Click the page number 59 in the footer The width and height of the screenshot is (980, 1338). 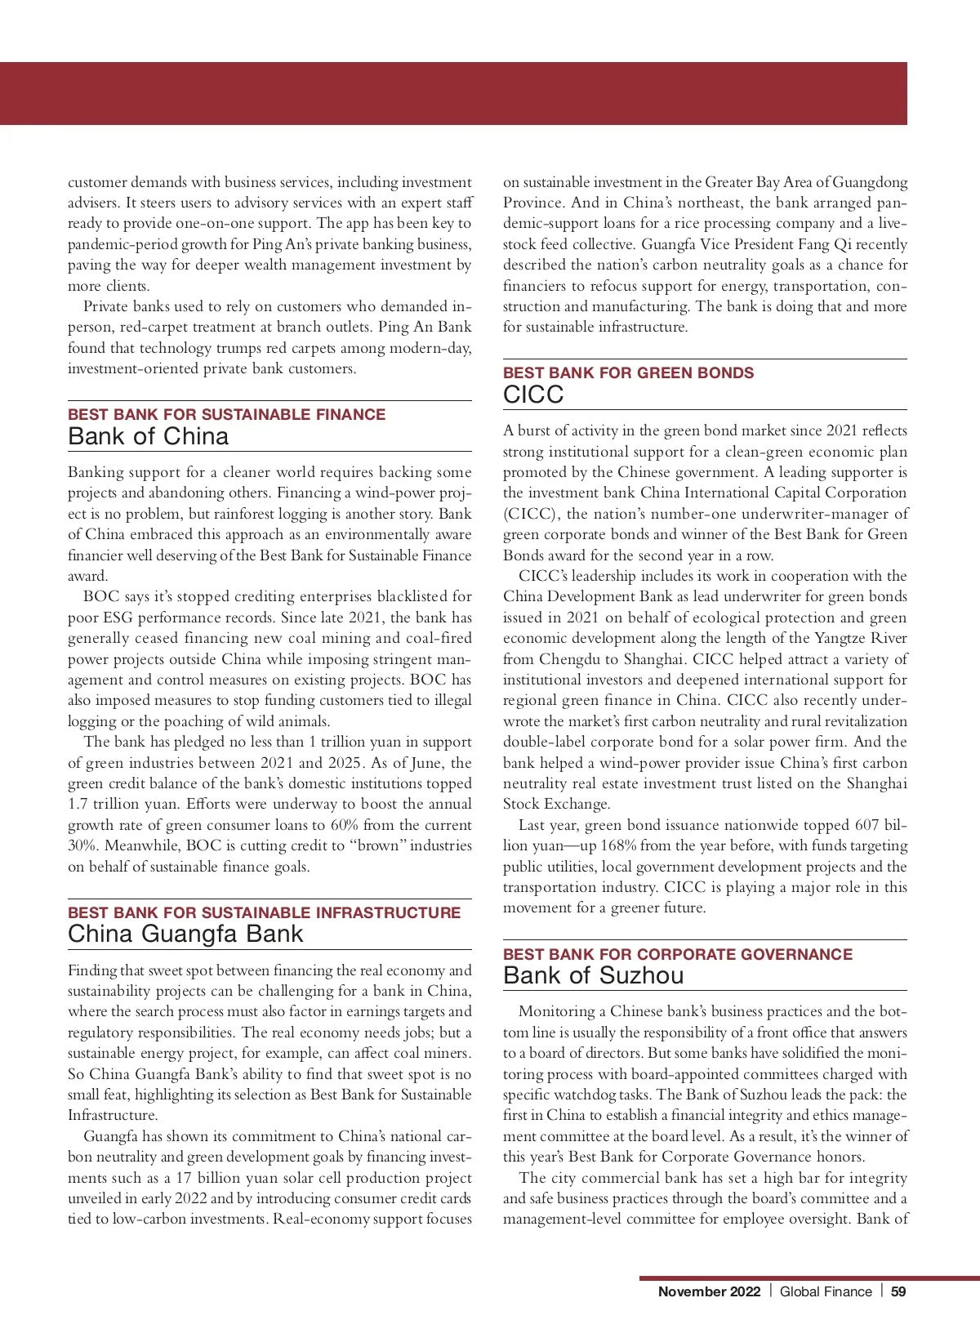coord(898,1291)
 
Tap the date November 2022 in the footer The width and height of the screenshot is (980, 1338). coord(709,1291)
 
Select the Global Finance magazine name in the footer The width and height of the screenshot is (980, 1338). coord(826,1291)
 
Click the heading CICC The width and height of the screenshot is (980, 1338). coord(533,395)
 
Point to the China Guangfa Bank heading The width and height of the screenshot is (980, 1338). coord(185,934)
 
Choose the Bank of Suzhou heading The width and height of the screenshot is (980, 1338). coord(594,975)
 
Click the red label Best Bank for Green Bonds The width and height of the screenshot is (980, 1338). coord(628,372)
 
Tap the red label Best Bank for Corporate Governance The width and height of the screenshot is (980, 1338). coord(677,954)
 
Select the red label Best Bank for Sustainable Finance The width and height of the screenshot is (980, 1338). coord(226,414)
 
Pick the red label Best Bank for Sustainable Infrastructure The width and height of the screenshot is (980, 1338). coord(264,912)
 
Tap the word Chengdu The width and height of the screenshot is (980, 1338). coord(568,659)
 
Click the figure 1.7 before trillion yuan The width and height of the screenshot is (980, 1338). coord(78,804)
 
